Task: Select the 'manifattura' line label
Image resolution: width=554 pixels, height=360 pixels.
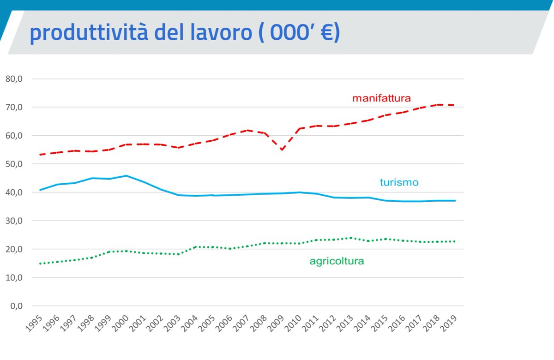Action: pos(381,98)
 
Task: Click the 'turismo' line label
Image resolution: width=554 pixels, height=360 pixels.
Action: pos(399,182)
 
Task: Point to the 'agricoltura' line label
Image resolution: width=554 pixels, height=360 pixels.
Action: pos(337,261)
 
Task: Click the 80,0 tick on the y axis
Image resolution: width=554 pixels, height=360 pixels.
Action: pos(14,79)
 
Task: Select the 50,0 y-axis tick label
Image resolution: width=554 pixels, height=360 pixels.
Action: pos(14,164)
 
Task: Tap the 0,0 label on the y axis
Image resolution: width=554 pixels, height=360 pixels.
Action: pos(16,306)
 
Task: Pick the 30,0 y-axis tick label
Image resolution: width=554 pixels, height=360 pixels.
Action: pos(14,221)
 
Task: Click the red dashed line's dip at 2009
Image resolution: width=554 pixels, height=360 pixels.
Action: pos(282,150)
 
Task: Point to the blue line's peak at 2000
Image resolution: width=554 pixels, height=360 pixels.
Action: pos(126,175)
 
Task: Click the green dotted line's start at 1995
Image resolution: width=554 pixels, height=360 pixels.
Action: pos(41,264)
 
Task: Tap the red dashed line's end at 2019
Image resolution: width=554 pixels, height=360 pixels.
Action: pos(454,105)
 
